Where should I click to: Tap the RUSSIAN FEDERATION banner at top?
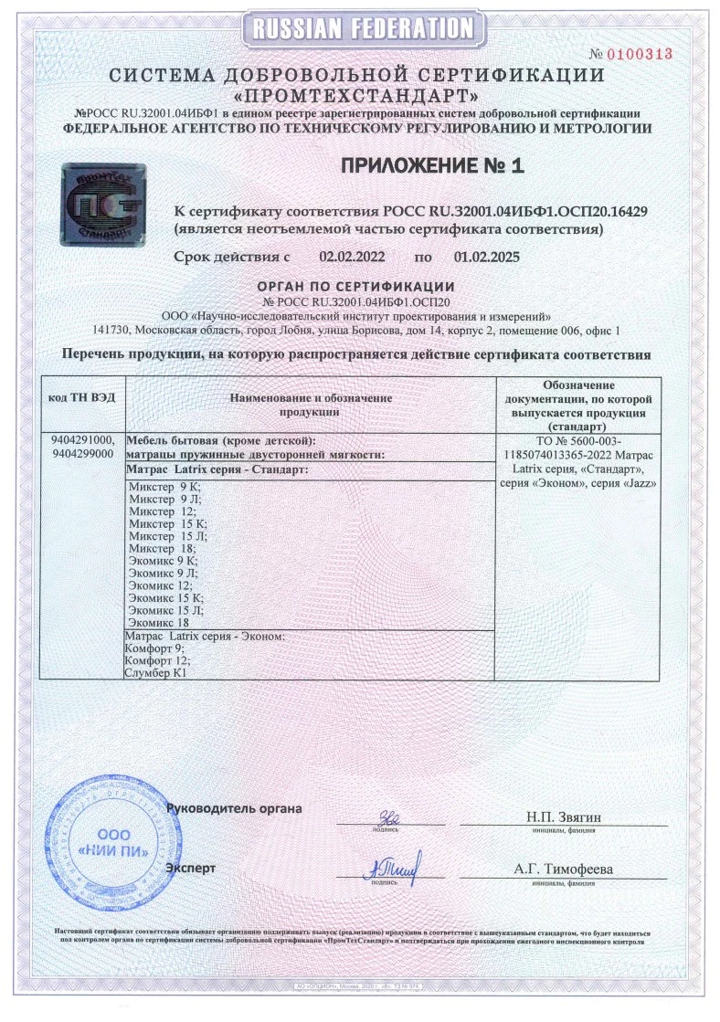[x=359, y=29]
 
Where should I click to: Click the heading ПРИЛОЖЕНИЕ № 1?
[x=434, y=165]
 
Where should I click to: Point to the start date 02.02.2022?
[x=352, y=258]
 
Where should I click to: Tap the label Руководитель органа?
[x=234, y=808]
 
